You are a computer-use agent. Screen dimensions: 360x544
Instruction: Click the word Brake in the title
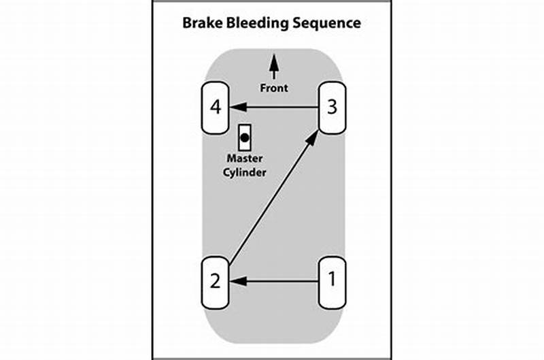203,23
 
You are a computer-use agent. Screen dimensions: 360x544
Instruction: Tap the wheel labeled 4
216,108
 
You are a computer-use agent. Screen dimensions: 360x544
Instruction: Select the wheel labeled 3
332,108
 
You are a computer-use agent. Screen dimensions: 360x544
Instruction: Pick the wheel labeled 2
216,281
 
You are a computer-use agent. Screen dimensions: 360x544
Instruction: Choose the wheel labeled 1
332,280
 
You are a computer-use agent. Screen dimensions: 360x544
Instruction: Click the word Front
274,88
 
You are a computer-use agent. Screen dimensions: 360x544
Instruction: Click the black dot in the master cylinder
245,137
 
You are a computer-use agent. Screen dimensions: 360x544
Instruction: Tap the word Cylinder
246,173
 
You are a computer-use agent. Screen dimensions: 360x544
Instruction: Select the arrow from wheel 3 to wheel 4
275,108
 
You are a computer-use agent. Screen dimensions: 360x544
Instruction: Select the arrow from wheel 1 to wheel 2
275,280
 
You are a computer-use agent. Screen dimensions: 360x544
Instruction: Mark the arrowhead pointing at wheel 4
235,108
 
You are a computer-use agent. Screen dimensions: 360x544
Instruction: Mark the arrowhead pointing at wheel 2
235,280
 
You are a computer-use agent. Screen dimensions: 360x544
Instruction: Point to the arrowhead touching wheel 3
313,136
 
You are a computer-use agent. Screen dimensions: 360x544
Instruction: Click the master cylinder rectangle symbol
245,138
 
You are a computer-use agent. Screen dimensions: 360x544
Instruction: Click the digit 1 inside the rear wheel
332,280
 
